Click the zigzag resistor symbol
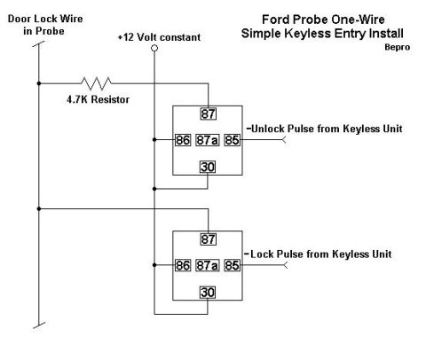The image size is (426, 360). [96, 83]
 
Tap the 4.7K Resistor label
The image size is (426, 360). [98, 99]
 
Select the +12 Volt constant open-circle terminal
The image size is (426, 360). [154, 48]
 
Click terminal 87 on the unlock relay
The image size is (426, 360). [209, 113]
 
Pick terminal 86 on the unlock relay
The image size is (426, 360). [183, 140]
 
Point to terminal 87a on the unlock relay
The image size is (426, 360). [208, 140]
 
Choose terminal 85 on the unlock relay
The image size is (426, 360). [232, 140]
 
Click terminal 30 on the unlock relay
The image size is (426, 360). [208, 167]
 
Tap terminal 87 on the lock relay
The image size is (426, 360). [209, 239]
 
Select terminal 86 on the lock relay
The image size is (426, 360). [183, 265]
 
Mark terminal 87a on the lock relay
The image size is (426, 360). [208, 265]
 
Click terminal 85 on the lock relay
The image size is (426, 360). [232, 265]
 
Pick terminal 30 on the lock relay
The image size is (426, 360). [208, 293]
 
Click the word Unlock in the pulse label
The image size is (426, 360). [268, 129]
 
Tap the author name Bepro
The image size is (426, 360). [398, 47]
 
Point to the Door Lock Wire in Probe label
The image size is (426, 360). [45, 25]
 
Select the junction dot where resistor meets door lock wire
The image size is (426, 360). [39, 83]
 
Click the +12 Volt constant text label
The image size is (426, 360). [159, 37]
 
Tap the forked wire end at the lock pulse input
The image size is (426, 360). [285, 265]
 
